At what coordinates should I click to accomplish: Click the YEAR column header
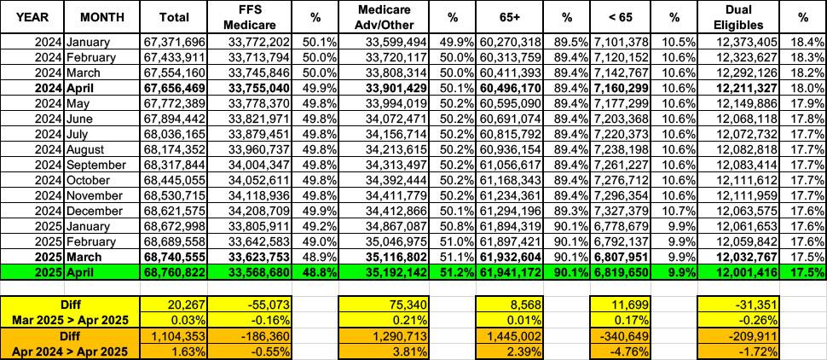point(31,16)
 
